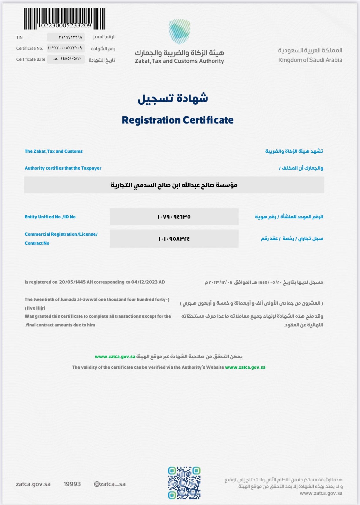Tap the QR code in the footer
click(x=184, y=483)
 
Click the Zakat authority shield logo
click(x=179, y=31)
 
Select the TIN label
click(x=19, y=37)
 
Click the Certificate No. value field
click(x=66, y=48)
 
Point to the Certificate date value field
click(x=66, y=59)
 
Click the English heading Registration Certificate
click(x=177, y=120)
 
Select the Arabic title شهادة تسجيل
click(x=173, y=98)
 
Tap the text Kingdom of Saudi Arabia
click(x=310, y=60)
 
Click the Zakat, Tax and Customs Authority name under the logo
click(x=179, y=61)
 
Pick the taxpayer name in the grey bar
click(x=174, y=185)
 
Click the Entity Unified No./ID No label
click(x=50, y=217)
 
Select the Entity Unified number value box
click(x=174, y=217)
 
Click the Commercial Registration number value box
click(x=174, y=239)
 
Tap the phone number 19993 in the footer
click(x=72, y=484)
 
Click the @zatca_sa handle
click(x=110, y=484)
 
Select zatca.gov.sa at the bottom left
click(x=33, y=484)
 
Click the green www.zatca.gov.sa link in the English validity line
click(x=245, y=367)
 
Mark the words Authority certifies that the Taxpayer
click(x=63, y=168)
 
